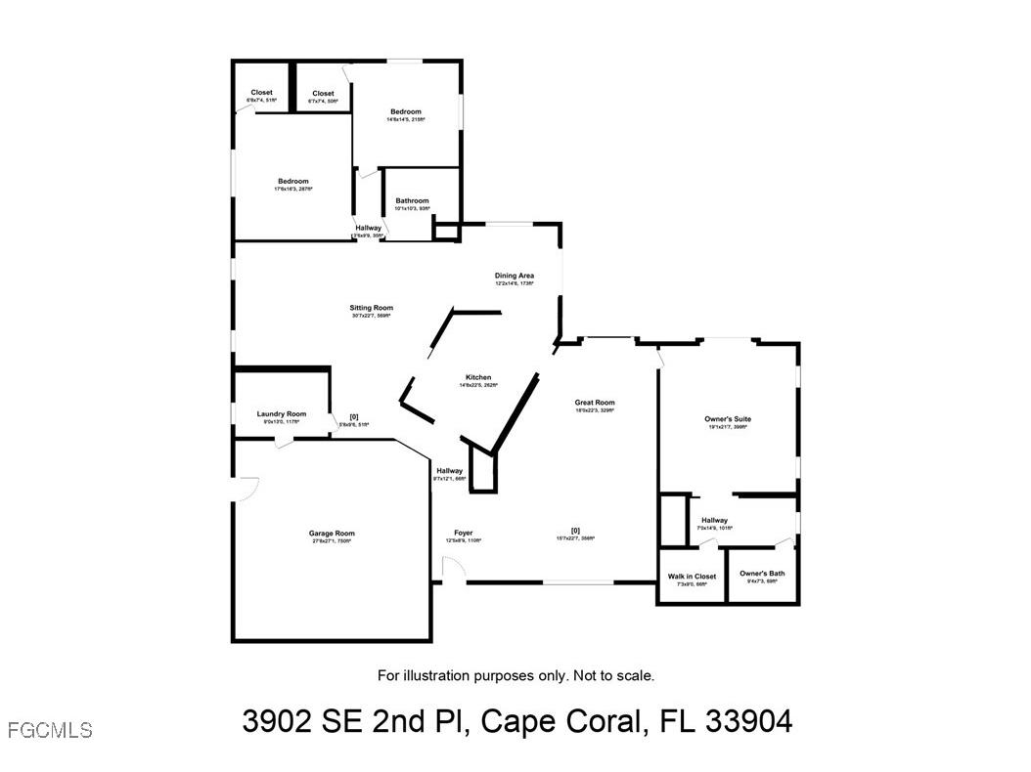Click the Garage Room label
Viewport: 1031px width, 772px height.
[x=332, y=534]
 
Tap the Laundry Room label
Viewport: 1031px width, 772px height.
[x=282, y=414]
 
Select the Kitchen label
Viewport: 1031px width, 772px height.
[x=478, y=377]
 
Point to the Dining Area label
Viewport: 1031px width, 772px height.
[x=514, y=276]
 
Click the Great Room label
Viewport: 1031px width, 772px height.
[x=595, y=403]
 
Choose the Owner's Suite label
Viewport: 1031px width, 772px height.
[x=728, y=419]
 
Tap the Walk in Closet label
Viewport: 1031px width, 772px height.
[x=692, y=577]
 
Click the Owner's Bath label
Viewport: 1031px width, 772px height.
[x=762, y=574]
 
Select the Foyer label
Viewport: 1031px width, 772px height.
[x=463, y=534]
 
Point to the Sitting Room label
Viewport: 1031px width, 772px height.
[x=371, y=308]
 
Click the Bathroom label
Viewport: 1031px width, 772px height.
[x=412, y=201]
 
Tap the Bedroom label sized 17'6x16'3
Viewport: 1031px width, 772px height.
[x=293, y=182]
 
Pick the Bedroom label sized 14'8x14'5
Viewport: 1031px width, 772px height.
[x=405, y=112]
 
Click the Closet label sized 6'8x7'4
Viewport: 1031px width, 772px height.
[x=261, y=93]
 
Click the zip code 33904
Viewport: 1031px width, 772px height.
[x=748, y=722]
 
